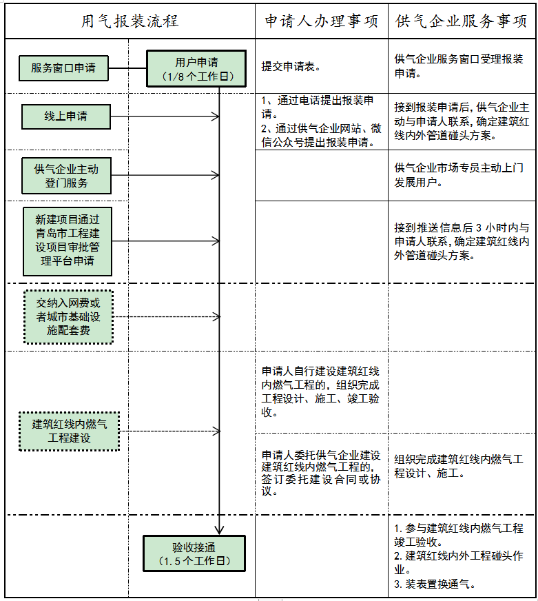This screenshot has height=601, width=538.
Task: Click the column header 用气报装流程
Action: pos(130,21)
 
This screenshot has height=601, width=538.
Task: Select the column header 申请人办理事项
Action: pos(322,21)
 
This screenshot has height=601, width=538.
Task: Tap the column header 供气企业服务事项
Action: pos(462,21)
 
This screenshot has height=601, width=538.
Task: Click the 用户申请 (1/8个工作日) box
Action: pos(196,68)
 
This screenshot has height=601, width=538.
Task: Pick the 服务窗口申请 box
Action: pos(63,68)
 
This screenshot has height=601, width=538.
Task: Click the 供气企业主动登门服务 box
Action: pos(66,176)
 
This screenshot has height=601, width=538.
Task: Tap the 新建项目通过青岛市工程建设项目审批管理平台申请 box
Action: pos(66,241)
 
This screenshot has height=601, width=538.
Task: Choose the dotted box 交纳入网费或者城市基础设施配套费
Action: pos(68,317)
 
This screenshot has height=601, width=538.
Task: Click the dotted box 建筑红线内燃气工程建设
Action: pos(69,431)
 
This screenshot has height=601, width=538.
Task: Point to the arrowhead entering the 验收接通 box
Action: pos(219,530)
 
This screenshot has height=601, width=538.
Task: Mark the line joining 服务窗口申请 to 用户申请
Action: pos(128,68)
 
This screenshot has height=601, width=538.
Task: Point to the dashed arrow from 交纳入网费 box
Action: pos(165,317)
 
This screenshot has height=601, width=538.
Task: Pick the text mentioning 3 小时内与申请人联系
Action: pos(462,241)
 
